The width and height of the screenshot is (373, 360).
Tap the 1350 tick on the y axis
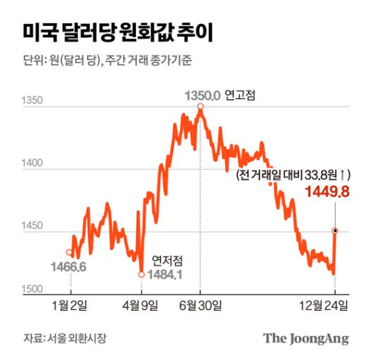click(33, 101)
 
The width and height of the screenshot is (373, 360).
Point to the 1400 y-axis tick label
click(33, 163)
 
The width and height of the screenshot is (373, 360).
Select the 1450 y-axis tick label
click(33, 226)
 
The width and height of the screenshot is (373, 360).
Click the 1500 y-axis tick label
click(33, 289)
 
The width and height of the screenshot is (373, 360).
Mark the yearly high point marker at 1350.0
click(201, 106)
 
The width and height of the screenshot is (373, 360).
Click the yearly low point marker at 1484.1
click(141, 274)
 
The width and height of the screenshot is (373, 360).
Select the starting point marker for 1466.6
click(69, 252)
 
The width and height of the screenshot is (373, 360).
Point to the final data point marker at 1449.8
click(334, 231)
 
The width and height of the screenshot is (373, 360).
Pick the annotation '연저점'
click(167, 260)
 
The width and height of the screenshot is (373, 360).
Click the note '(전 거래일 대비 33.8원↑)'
click(293, 174)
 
